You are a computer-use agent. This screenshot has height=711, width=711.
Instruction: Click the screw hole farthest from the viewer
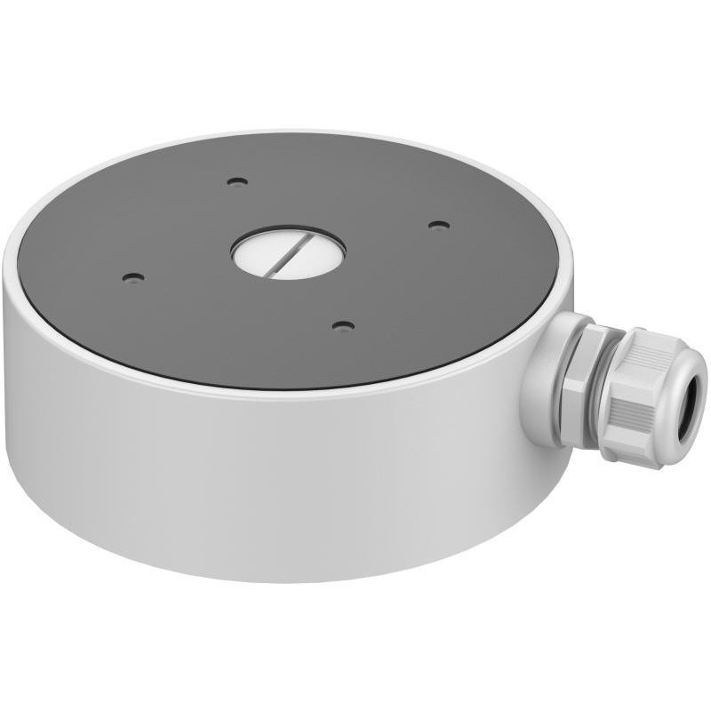click(236, 182)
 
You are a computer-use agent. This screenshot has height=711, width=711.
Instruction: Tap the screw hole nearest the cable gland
click(437, 225)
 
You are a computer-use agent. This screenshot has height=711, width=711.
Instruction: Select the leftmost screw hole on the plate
click(132, 277)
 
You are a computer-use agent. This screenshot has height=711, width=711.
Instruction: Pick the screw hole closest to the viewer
click(343, 326)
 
